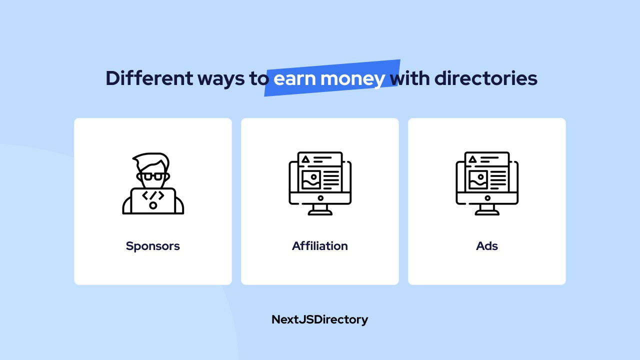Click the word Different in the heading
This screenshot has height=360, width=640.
point(149,78)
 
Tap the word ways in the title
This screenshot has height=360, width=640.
point(221,79)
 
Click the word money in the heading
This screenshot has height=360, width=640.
point(352,79)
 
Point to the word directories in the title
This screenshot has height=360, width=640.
point(485,78)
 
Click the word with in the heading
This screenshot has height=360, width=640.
point(409,78)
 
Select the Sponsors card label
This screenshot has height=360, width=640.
point(153,246)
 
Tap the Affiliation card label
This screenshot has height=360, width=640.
point(319,245)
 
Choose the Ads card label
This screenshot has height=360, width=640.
point(487,246)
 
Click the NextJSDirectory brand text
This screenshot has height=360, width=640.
point(319,319)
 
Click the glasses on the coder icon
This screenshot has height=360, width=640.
point(153,176)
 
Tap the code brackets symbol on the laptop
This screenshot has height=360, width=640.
point(153,195)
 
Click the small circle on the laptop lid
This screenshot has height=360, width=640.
point(153,205)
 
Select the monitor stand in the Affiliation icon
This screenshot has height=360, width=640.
point(320,209)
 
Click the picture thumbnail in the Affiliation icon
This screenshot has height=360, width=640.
point(311,179)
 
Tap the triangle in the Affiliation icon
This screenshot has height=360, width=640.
point(305,159)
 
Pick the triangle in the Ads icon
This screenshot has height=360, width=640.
point(472,159)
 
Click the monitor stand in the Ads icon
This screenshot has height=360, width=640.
point(487,209)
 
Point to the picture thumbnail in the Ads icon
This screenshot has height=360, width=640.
point(478,179)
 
